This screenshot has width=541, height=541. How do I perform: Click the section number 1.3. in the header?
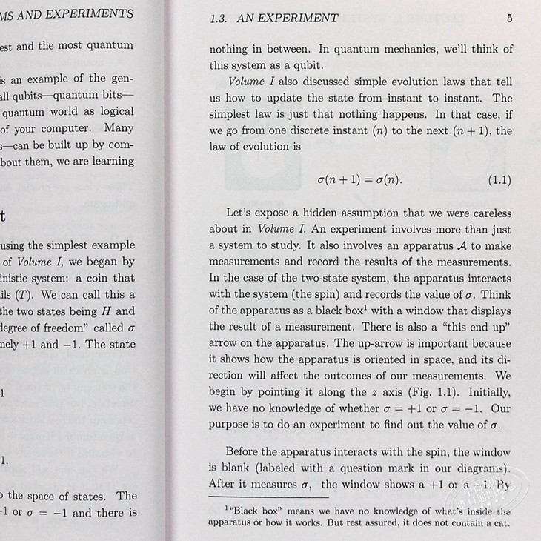pos(222,18)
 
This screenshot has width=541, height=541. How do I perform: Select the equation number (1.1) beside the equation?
pos(495,180)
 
